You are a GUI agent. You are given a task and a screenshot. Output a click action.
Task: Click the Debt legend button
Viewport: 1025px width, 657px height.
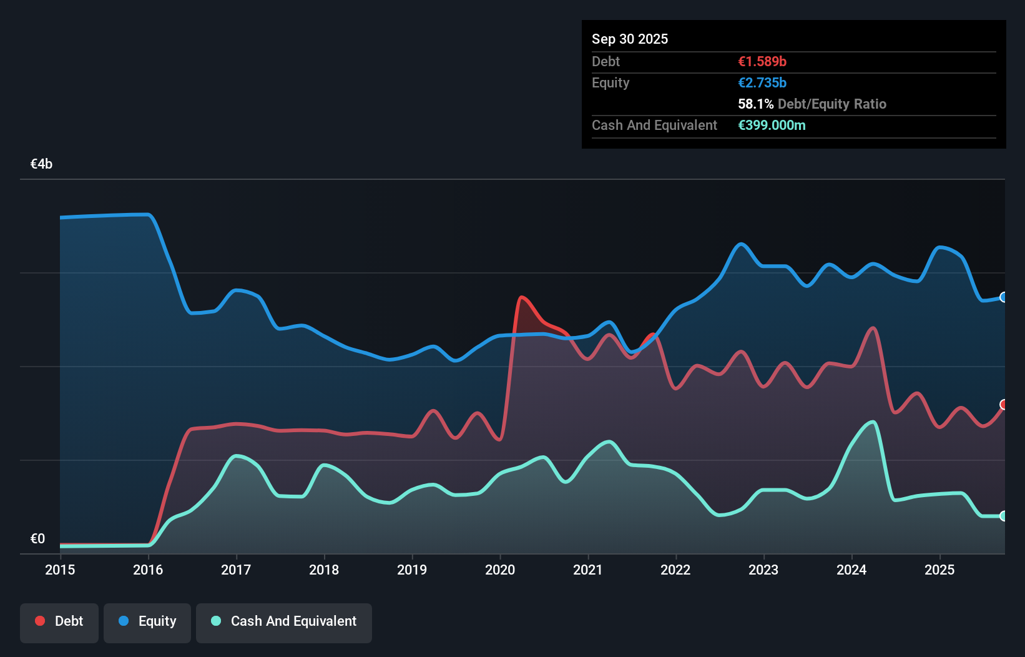tap(59, 621)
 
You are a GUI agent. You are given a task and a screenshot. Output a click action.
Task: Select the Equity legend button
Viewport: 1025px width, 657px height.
tap(147, 621)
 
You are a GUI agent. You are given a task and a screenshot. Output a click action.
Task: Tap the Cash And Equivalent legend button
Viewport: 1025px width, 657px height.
tap(284, 621)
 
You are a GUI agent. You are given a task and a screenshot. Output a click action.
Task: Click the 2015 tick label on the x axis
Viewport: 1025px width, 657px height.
tap(60, 570)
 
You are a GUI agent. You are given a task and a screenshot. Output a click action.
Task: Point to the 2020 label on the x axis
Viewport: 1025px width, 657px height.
tap(500, 570)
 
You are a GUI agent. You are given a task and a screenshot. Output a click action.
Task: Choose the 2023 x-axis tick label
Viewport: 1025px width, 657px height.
tap(763, 570)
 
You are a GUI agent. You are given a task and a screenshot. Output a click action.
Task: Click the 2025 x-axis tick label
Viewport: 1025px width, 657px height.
tap(939, 570)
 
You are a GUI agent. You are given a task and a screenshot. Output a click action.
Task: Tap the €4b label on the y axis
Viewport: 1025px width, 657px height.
tap(41, 164)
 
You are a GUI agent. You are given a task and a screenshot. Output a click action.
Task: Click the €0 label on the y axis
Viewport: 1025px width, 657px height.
tap(37, 538)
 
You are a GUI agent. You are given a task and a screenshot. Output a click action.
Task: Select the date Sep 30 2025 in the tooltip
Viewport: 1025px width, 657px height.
tap(630, 39)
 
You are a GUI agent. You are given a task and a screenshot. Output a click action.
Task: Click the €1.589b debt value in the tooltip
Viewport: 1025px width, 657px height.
tap(762, 62)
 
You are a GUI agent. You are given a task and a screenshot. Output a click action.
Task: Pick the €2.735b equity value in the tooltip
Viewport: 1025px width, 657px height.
tap(762, 83)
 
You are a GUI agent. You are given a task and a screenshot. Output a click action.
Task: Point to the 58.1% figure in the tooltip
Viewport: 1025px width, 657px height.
tap(755, 104)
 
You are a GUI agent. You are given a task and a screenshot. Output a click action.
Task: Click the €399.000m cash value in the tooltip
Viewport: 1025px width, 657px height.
tap(772, 126)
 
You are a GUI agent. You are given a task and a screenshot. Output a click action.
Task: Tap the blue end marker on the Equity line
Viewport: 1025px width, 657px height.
tap(1003, 297)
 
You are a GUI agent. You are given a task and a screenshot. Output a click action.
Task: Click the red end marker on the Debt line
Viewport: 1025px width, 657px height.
tap(1003, 405)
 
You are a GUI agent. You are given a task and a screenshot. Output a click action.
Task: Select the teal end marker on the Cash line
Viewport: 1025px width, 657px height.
tap(1003, 516)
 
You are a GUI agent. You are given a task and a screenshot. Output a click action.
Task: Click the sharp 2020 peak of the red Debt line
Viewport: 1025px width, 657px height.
tap(521, 297)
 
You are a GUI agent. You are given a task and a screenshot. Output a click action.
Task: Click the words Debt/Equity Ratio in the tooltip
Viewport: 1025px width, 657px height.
tap(831, 104)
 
